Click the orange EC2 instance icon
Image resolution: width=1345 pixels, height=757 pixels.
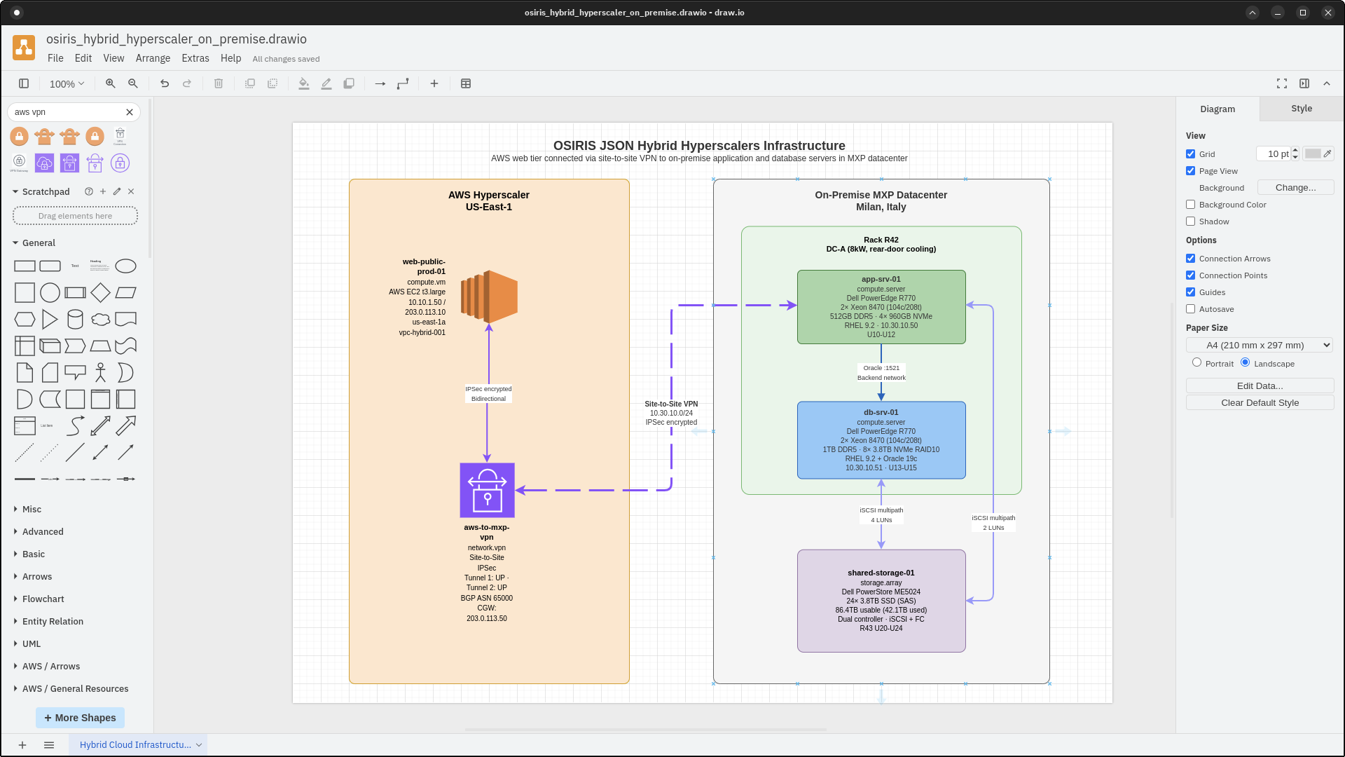point(489,296)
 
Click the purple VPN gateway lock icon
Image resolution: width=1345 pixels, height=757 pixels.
point(487,490)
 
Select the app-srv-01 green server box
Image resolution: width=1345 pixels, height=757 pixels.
point(881,307)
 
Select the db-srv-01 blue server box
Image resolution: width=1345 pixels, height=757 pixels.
point(881,440)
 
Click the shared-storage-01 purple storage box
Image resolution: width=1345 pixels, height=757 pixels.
point(881,601)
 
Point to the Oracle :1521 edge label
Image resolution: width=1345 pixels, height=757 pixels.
point(881,368)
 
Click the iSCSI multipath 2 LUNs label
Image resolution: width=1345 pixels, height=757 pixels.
point(993,523)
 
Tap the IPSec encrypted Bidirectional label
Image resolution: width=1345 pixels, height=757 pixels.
point(488,394)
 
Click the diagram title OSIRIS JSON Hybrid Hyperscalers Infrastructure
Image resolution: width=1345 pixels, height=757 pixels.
point(698,146)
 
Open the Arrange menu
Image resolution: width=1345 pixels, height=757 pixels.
point(153,58)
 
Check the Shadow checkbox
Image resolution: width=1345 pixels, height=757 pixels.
point(1190,221)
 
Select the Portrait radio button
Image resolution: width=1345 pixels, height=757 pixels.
point(1196,362)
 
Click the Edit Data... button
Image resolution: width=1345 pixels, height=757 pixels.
point(1259,386)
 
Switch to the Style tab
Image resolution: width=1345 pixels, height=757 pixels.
point(1301,109)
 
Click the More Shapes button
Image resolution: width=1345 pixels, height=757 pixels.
point(80,718)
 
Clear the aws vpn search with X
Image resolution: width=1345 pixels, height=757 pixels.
point(130,112)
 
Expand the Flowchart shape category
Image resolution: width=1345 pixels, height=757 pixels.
point(43,599)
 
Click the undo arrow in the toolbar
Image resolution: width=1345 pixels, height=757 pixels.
point(165,83)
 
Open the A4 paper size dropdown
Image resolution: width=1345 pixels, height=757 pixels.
point(1259,345)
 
